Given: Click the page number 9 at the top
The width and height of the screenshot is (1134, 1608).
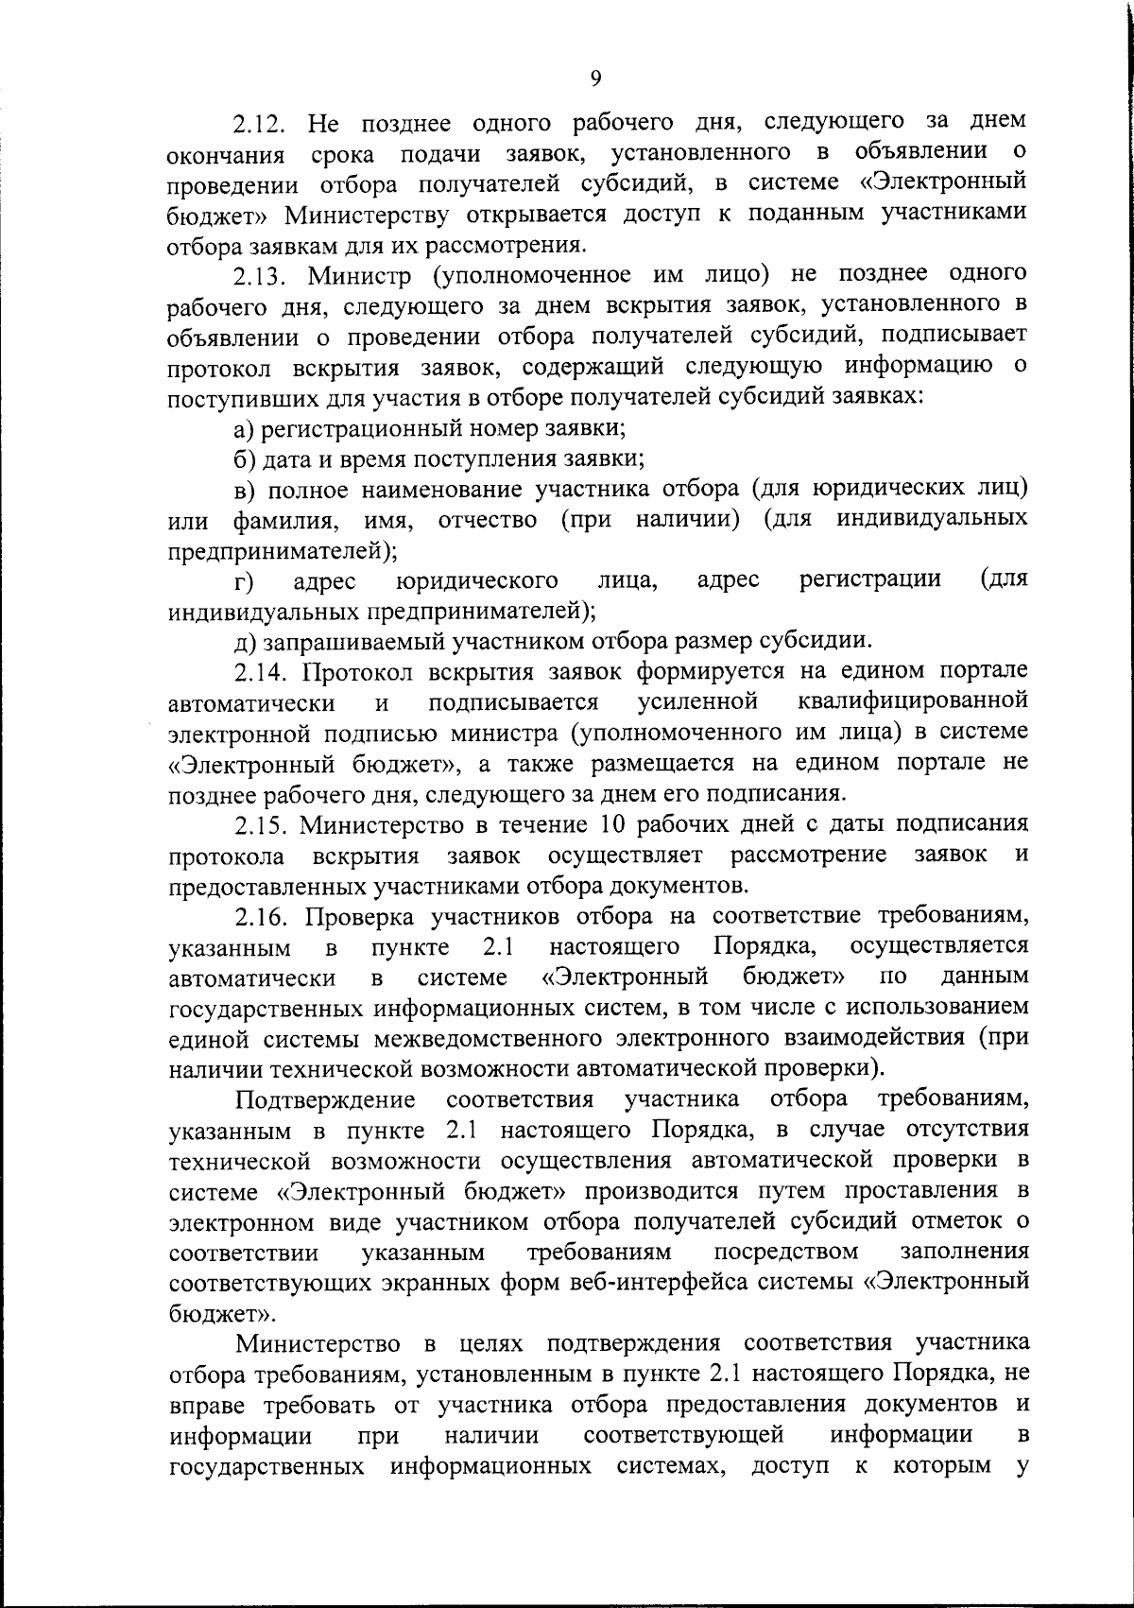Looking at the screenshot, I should click(595, 78).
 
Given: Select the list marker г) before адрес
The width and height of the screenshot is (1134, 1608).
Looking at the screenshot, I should click(246, 580).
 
